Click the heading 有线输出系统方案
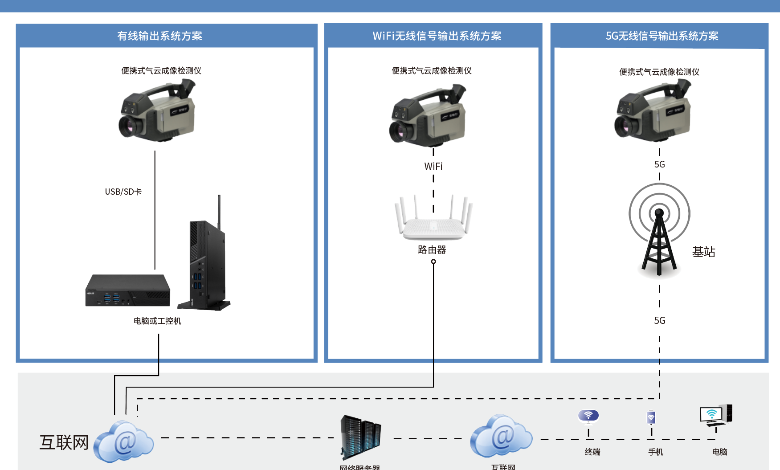point(159,36)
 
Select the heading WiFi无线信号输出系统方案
point(437,36)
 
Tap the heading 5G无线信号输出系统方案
point(662,36)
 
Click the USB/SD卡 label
point(123,192)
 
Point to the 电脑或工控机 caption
point(157,321)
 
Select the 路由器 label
point(432,249)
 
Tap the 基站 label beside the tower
point(703,252)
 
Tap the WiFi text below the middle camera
point(433,166)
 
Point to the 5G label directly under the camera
point(659,164)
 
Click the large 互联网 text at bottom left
point(64,442)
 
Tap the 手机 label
point(655,452)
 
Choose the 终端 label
point(592,452)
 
